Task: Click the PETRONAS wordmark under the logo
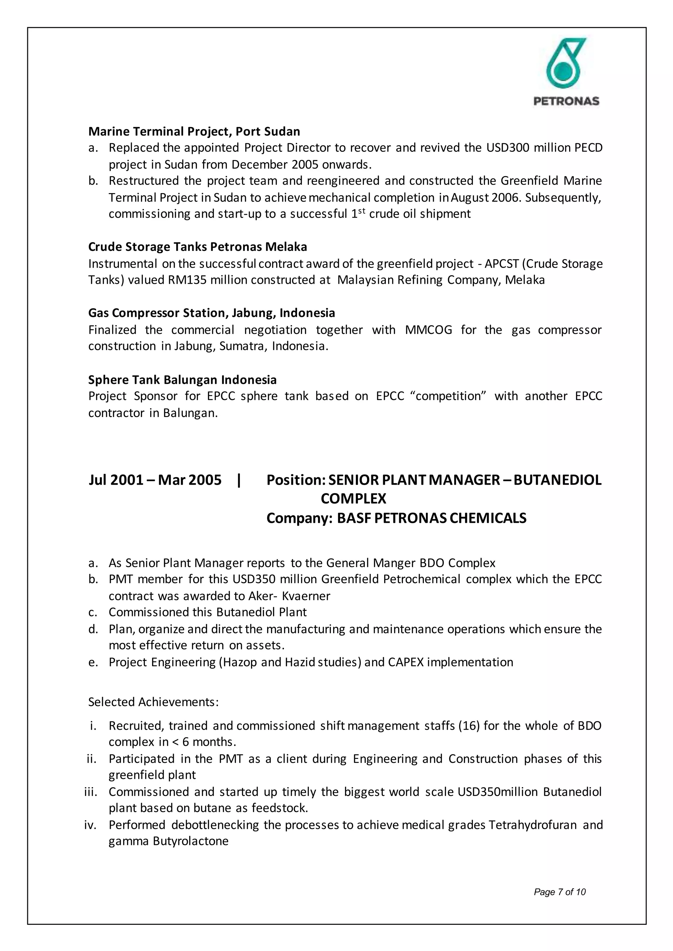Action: tap(566, 101)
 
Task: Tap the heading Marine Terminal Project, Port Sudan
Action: tap(194, 131)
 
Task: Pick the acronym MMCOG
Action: tap(428, 330)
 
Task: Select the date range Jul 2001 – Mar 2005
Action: tap(155, 480)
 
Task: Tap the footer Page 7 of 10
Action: tap(559, 892)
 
